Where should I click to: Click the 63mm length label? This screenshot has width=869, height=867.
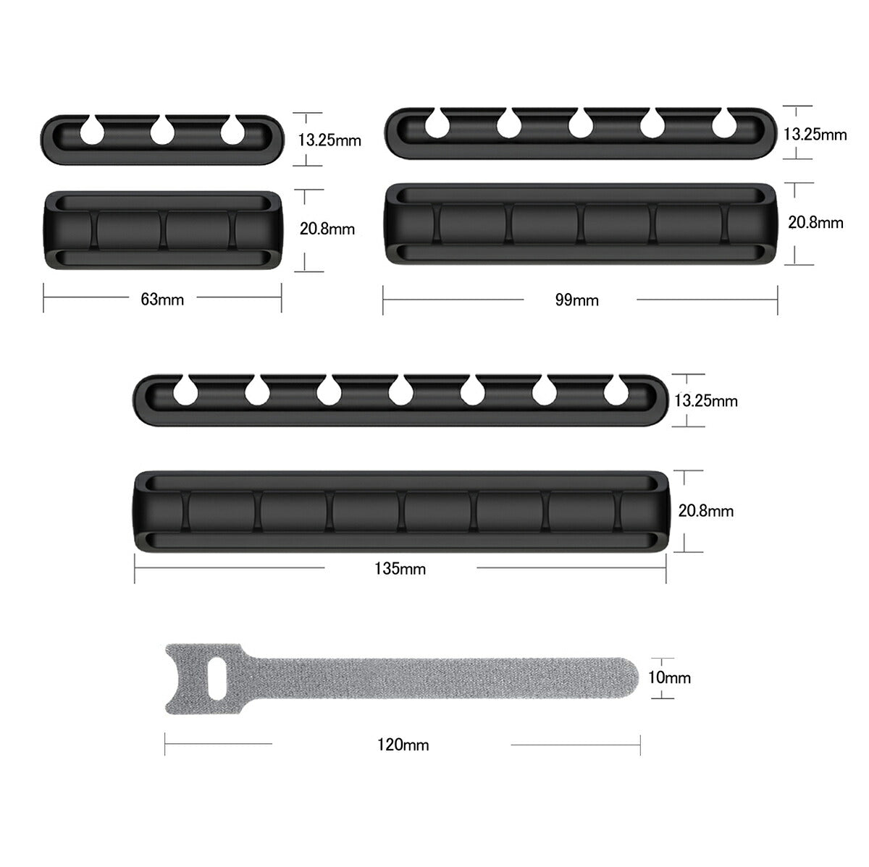click(x=162, y=300)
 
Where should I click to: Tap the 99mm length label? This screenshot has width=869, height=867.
click(x=576, y=300)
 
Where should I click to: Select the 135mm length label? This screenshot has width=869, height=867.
click(x=400, y=569)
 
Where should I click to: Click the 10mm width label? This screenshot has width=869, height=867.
click(x=669, y=677)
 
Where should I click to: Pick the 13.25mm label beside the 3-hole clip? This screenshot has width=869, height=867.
click(x=329, y=140)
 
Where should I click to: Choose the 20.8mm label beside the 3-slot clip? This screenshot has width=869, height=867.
click(x=327, y=229)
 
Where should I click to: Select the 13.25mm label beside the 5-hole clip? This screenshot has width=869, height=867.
click(x=815, y=135)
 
